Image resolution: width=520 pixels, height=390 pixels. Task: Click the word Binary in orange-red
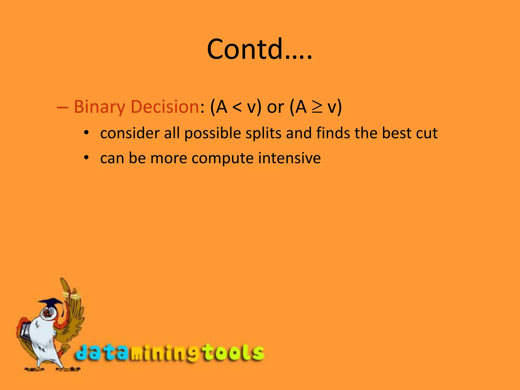click(99, 107)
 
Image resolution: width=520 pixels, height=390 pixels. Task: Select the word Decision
click(165, 107)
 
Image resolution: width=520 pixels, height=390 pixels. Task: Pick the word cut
click(427, 133)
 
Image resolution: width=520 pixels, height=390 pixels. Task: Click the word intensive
click(289, 158)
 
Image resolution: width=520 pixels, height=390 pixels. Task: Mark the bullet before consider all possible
click(87, 133)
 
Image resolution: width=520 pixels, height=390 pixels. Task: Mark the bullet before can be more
click(87, 157)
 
